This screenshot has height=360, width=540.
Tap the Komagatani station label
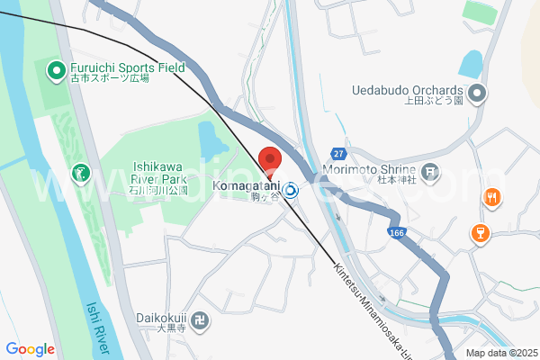pos(246,187)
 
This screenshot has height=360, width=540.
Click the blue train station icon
pos(292,190)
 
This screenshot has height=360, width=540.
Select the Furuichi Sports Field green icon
pos(55,68)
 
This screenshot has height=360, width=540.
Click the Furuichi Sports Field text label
pos(126,67)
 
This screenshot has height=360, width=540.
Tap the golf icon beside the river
pos(81,171)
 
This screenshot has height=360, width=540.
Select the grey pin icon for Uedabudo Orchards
pos(478,92)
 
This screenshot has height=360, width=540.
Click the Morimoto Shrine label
pos(370,171)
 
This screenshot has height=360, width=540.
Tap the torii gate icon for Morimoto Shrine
pos(430,171)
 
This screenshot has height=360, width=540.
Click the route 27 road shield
pos(337,153)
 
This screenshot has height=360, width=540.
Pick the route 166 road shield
pos(397,233)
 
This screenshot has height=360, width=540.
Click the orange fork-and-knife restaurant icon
pos(490,198)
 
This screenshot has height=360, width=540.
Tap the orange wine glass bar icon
pos(480,234)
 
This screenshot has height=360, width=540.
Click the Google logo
pos(30,349)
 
